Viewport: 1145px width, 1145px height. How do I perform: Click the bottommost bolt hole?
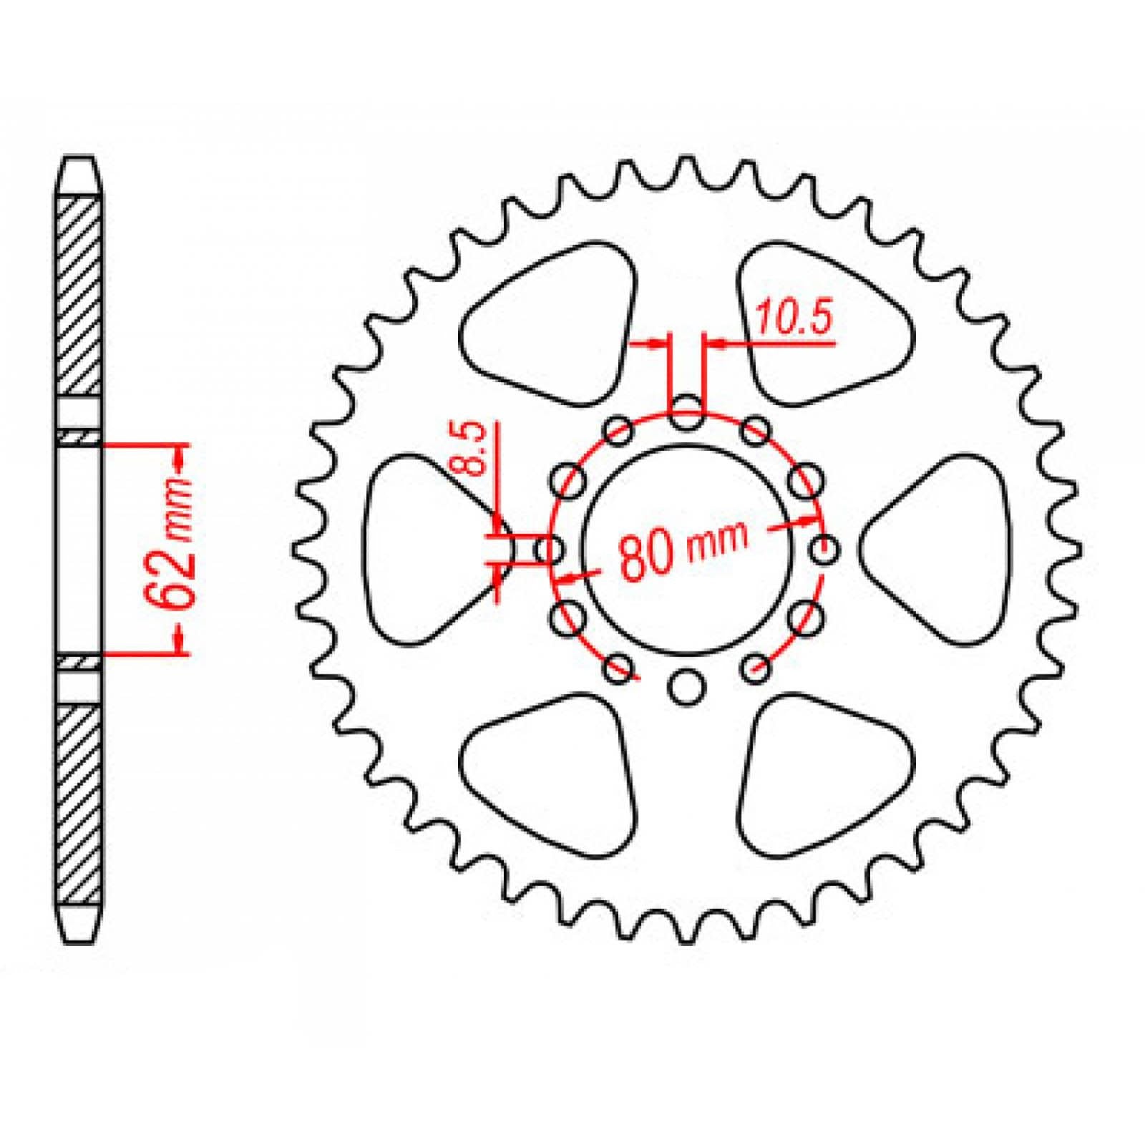click(x=687, y=686)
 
